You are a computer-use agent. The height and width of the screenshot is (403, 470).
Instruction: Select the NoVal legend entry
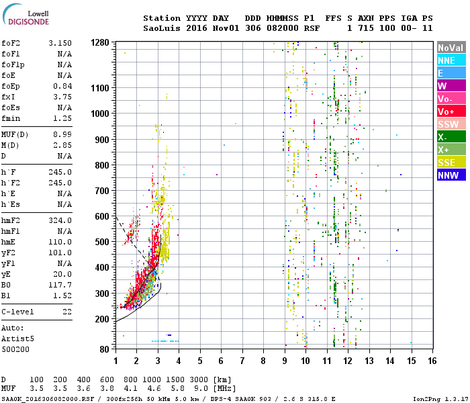450,48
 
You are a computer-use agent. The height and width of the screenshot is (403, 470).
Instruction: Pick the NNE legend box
450,60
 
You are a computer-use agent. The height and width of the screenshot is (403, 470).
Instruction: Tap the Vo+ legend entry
450,111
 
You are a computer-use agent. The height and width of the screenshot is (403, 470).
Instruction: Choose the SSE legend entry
450,163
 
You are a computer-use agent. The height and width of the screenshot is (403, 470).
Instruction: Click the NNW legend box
450,175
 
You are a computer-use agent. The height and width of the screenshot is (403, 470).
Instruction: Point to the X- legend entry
450,137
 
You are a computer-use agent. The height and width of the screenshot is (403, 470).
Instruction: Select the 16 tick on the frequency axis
432,361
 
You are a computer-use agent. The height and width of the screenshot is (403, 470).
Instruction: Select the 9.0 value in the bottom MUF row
201,388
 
